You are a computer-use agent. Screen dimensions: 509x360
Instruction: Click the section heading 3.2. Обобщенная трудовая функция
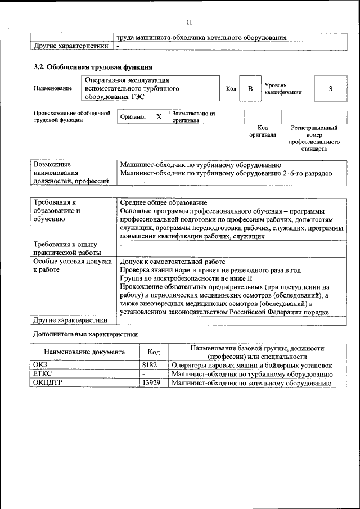coord(93,67)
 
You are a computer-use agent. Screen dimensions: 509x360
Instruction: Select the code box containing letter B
coord(250,89)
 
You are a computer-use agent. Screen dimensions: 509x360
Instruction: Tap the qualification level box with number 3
coord(330,89)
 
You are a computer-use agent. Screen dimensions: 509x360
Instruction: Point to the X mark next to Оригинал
coord(159,117)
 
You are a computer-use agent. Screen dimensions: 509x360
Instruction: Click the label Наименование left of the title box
coord(53,89)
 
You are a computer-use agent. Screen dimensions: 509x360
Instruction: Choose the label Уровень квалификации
coord(283,88)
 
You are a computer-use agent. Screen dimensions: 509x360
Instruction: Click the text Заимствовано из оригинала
coord(193,116)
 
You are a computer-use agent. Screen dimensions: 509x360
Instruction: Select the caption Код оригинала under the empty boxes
coord(263,132)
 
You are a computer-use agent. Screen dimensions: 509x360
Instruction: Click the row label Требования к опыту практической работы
coord(65,249)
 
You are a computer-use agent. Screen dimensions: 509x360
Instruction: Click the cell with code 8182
coord(150,366)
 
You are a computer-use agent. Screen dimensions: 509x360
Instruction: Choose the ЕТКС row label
coord(43,375)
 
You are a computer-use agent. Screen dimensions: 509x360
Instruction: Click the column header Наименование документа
coord(84,352)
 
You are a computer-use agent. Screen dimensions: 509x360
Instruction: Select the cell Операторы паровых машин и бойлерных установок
coord(251,366)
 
